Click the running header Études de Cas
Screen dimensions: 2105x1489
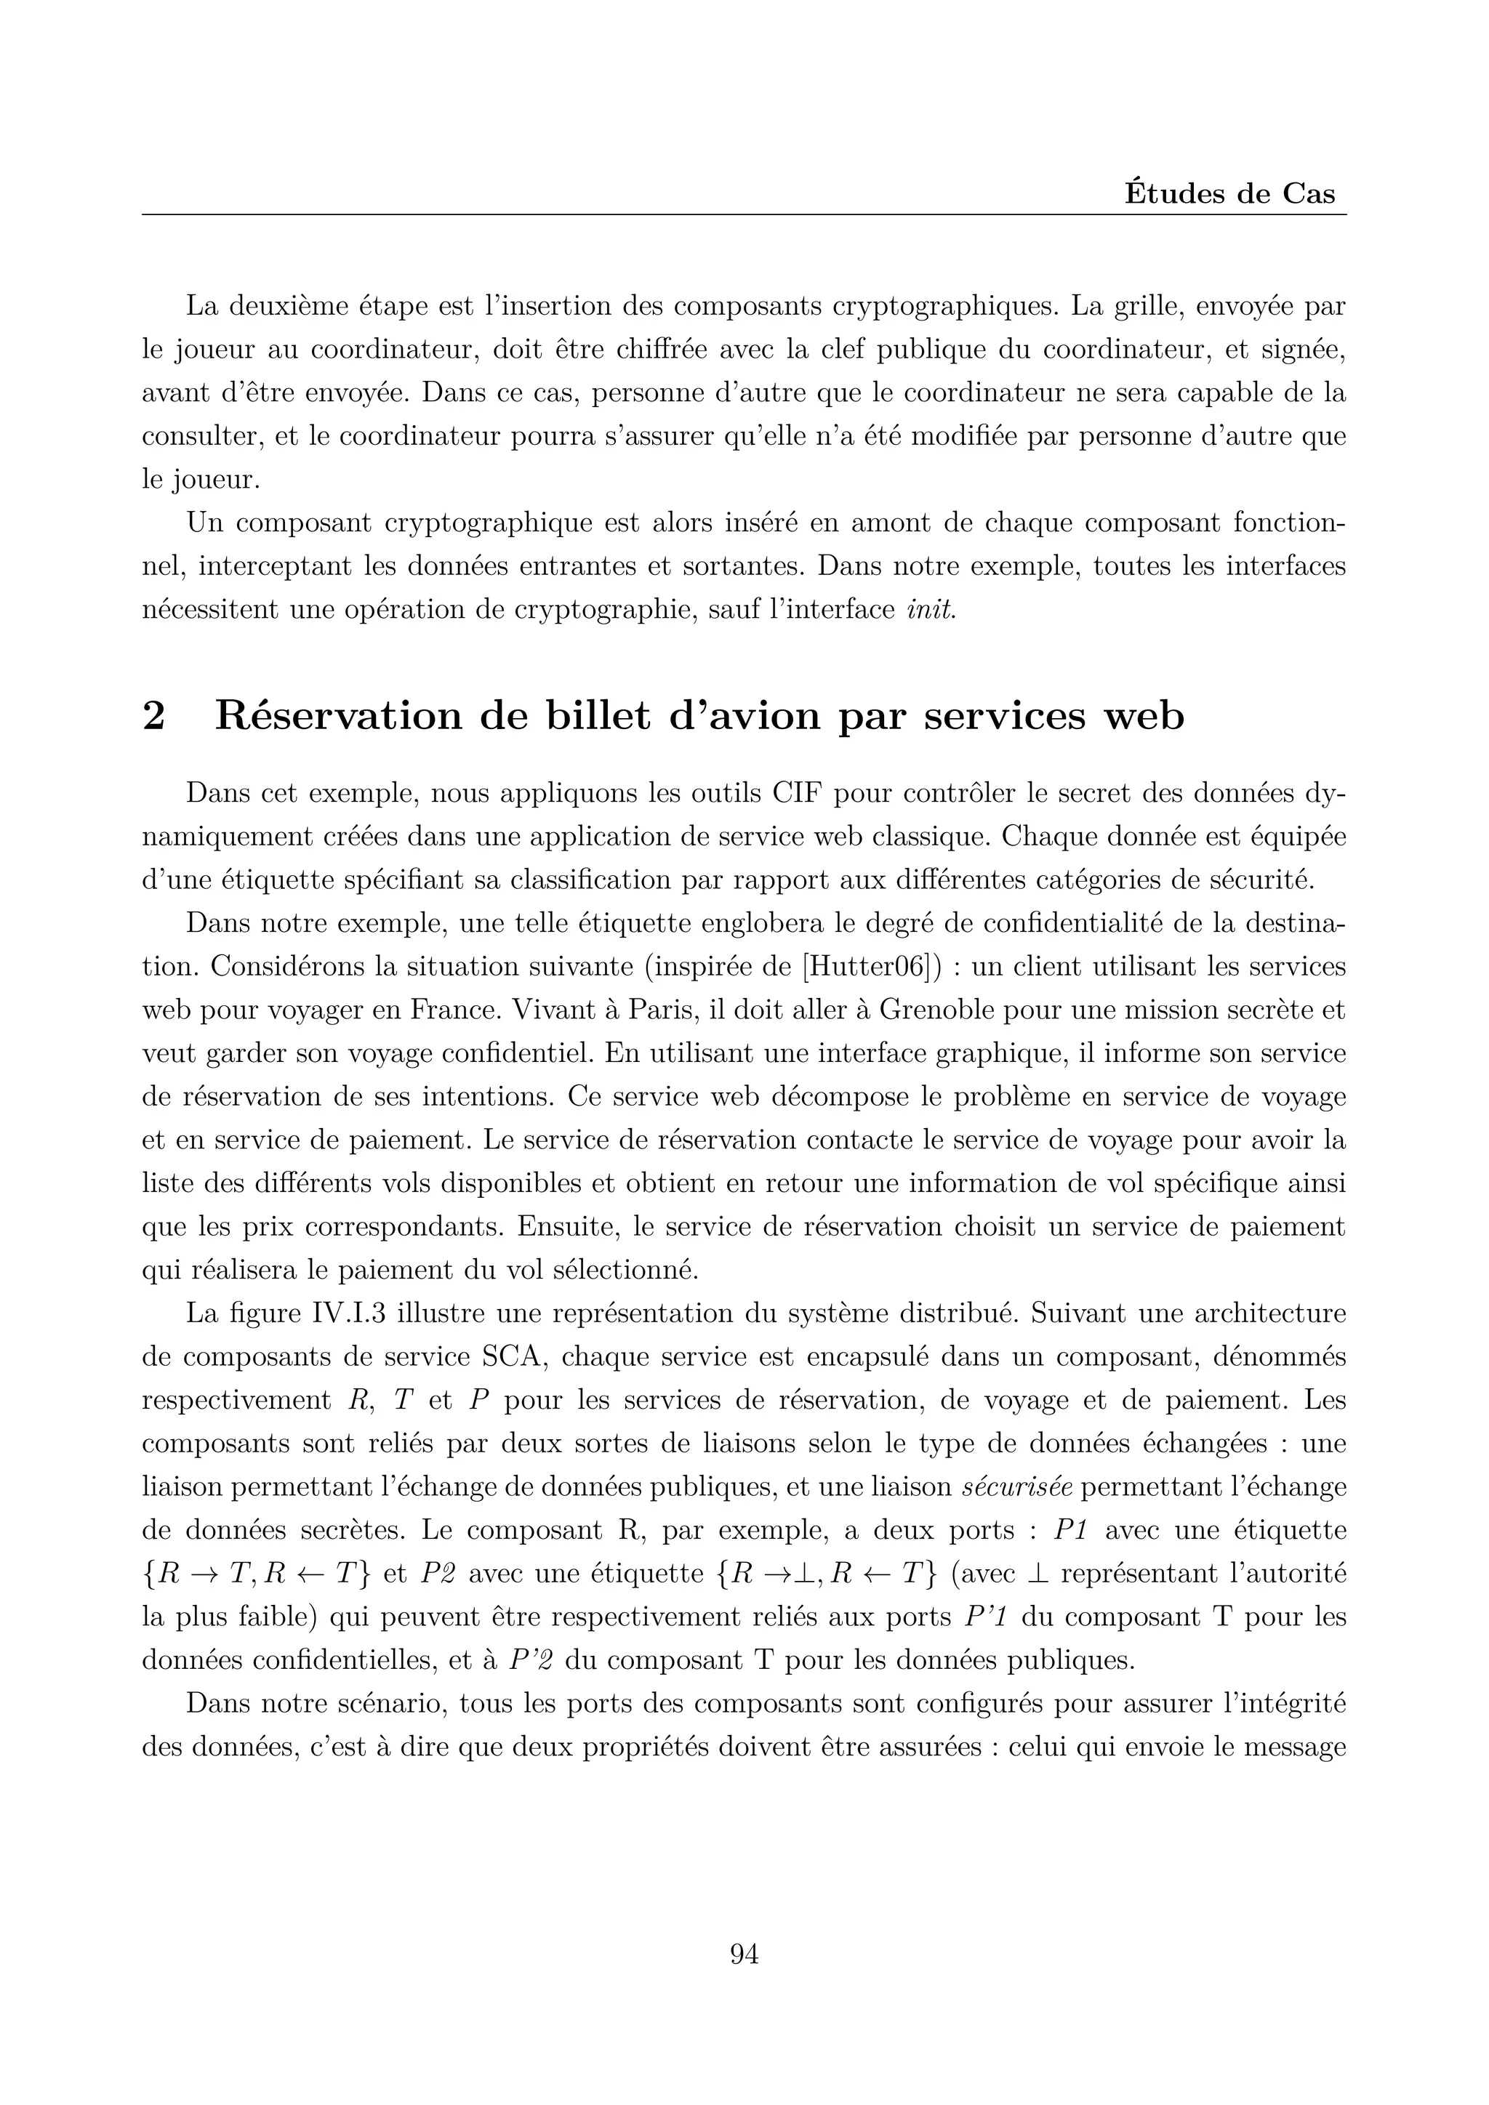click(1229, 194)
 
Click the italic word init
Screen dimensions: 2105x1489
click(931, 609)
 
